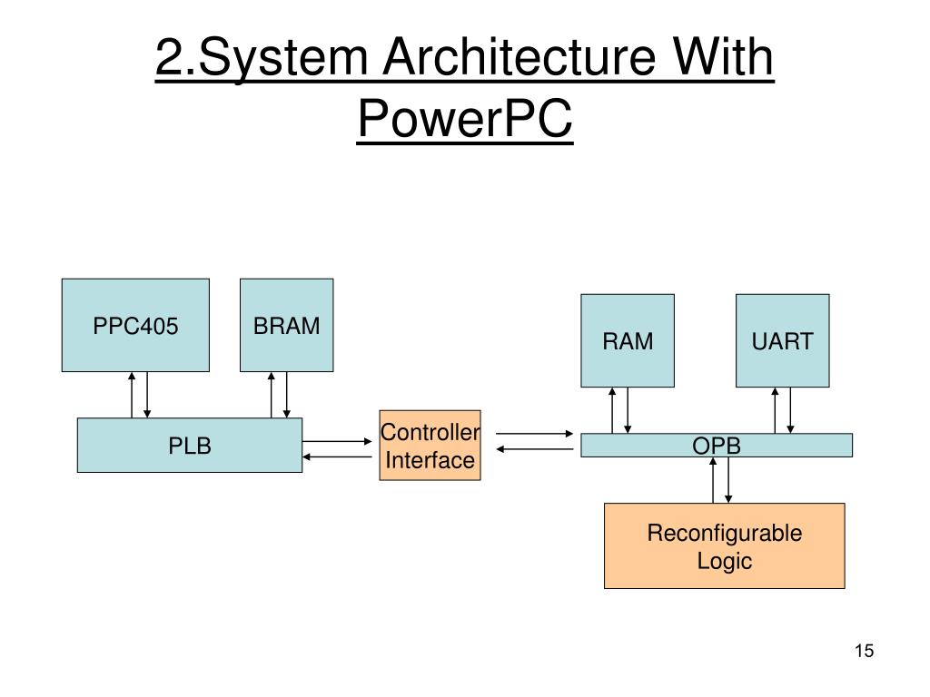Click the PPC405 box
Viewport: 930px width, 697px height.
pos(135,326)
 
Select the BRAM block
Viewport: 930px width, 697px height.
pos(286,326)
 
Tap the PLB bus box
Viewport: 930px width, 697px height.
pos(190,445)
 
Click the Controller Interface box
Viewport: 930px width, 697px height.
pos(430,445)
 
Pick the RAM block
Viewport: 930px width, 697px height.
pos(628,341)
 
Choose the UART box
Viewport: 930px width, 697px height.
pos(782,341)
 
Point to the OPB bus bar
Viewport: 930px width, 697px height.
pos(717,445)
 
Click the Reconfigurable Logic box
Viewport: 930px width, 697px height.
pos(724,545)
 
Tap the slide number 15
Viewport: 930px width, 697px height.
pos(865,651)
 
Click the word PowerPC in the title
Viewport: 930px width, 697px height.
pos(465,118)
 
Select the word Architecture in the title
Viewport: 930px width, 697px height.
pos(519,57)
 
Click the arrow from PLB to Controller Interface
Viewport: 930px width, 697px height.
pos(337,442)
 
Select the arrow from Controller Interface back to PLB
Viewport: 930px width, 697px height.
pos(337,457)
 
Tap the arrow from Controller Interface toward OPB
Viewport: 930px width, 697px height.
pos(535,434)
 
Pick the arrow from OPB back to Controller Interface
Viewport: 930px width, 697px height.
pos(535,449)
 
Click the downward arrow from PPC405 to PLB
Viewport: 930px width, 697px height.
pos(147,395)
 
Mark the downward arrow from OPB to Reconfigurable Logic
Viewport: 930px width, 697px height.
pos(728,480)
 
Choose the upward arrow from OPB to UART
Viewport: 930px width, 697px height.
pos(775,410)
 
